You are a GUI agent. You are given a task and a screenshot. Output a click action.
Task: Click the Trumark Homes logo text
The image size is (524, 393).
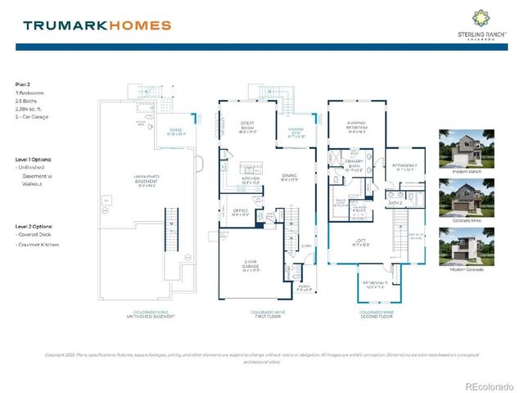pos(97,25)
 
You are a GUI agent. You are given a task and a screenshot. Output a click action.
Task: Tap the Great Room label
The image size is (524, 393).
pos(248,128)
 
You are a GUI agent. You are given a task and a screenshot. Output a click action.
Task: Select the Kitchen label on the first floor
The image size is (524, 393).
pos(250,181)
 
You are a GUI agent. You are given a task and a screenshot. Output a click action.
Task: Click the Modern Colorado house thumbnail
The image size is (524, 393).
pos(461,247)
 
